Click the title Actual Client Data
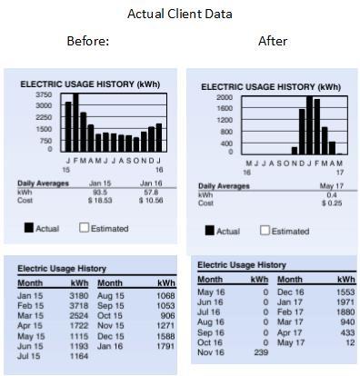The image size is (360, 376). [x=179, y=14]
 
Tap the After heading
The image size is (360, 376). [x=273, y=41]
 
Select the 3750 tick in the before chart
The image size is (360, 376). [x=43, y=94]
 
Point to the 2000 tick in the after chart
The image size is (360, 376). [x=224, y=97]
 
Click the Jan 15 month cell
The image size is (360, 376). [x=31, y=295]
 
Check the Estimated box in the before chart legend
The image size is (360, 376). [x=84, y=228]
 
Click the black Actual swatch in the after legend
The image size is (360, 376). [x=210, y=231]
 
